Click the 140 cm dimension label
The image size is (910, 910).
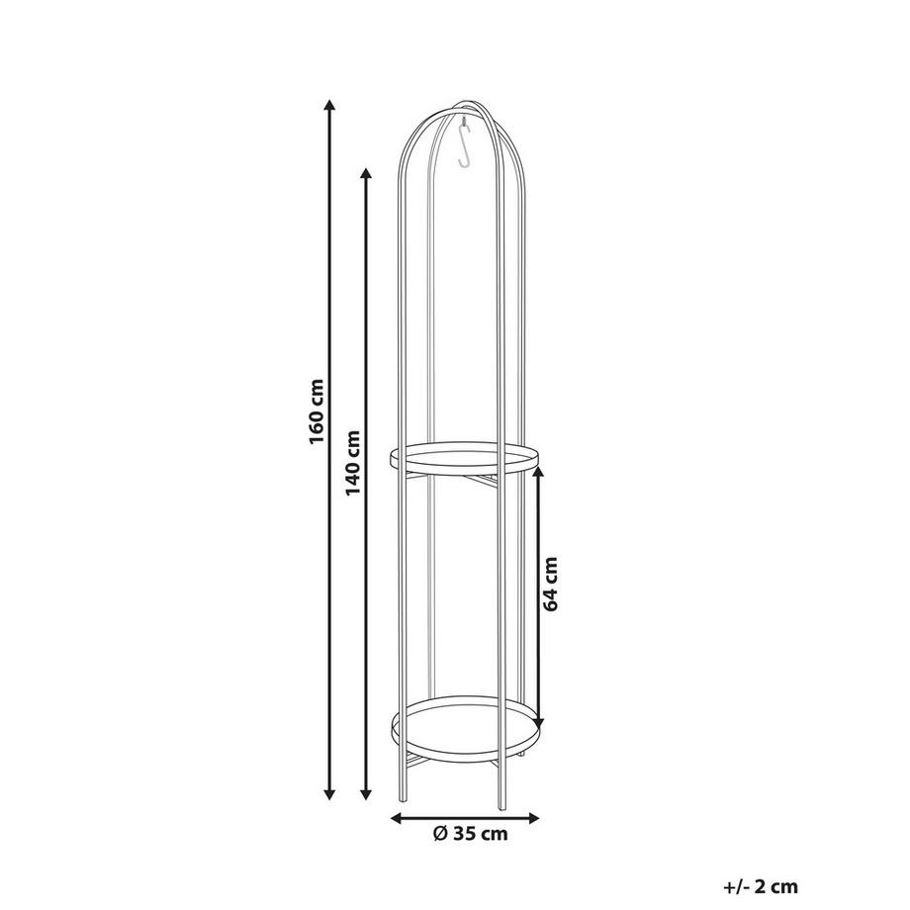[353, 463]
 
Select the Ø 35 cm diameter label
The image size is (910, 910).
[470, 834]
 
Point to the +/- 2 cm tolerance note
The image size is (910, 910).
[761, 887]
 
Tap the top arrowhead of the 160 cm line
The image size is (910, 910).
[329, 106]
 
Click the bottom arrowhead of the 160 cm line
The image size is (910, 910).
[329, 794]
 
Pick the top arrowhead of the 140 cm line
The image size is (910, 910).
[366, 175]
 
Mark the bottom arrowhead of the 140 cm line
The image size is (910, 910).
[366, 794]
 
